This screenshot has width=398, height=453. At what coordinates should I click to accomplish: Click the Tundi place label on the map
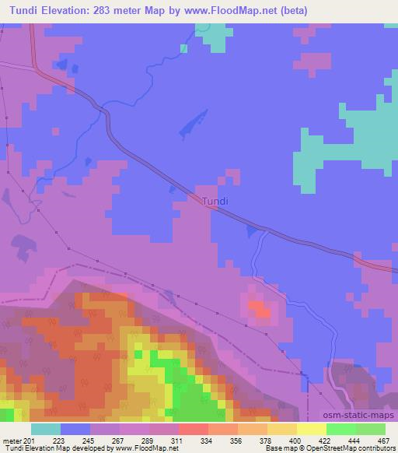click(x=215, y=201)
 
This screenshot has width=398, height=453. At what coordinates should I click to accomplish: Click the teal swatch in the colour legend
click(x=46, y=429)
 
